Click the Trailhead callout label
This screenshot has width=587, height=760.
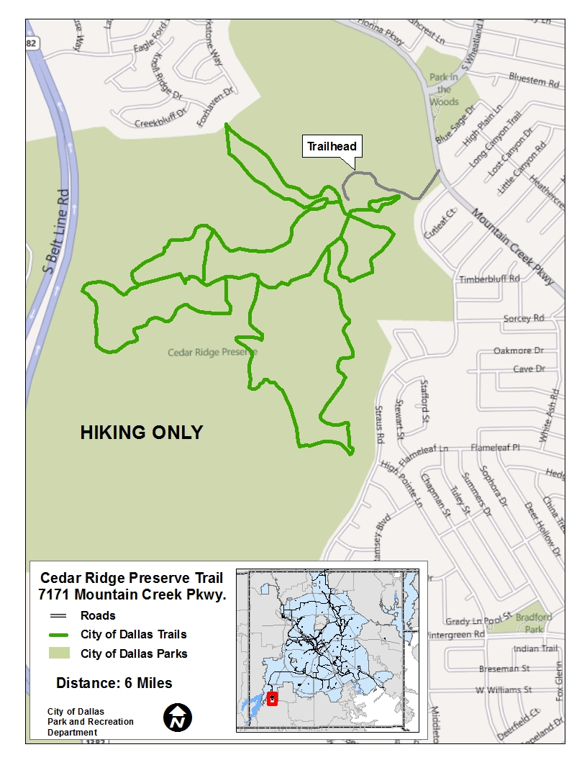click(x=332, y=147)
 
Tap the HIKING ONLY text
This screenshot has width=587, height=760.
click(x=141, y=433)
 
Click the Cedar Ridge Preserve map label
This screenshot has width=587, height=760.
click(x=211, y=353)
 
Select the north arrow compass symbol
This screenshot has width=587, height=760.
click(x=178, y=718)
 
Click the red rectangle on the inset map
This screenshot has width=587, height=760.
click(x=272, y=698)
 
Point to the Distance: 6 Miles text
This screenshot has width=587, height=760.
click(x=114, y=683)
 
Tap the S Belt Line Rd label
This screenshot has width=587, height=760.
click(x=55, y=230)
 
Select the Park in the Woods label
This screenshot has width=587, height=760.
click(x=444, y=89)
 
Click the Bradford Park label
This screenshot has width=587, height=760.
click(x=534, y=623)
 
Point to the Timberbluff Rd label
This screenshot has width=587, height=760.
click(x=489, y=279)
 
